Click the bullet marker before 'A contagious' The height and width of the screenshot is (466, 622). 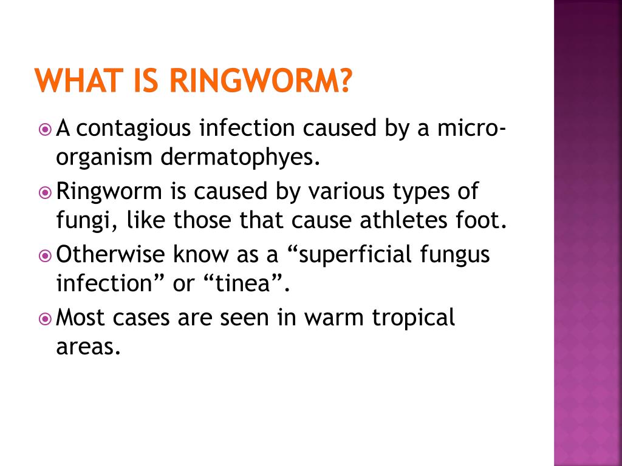tap(44, 129)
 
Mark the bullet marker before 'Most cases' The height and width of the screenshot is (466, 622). tap(44, 318)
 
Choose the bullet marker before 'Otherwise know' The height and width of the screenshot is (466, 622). tap(44, 255)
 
